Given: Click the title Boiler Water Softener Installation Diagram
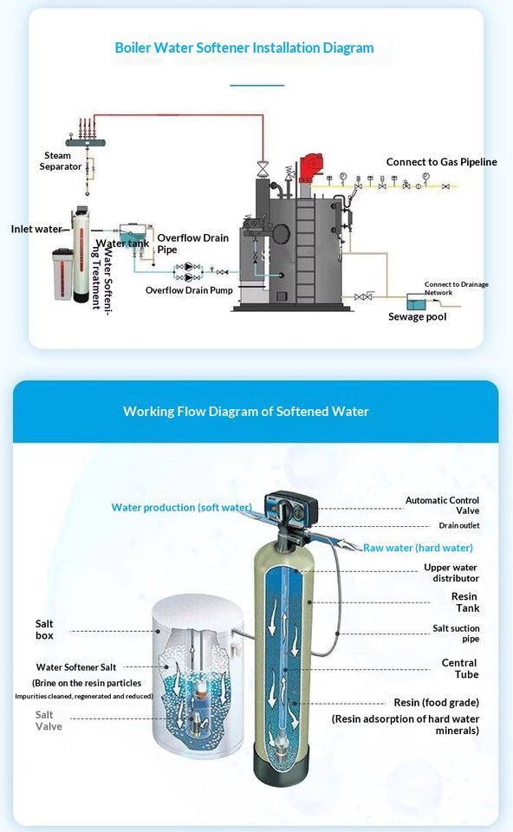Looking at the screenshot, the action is [244, 48].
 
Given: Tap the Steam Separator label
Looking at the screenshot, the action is [60, 161].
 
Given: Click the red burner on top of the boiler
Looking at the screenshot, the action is [310, 167].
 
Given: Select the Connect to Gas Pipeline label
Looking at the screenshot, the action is [441, 162].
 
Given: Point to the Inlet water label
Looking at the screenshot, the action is [36, 229].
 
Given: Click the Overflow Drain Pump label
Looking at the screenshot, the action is [189, 290].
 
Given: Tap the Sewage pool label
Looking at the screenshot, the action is [417, 317].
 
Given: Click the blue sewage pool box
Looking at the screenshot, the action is [416, 302].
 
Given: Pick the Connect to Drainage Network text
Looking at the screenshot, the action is [456, 288].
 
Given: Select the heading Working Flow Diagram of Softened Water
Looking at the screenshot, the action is [245, 411].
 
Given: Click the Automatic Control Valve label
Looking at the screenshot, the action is [442, 505].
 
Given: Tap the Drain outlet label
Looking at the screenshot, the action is [459, 525].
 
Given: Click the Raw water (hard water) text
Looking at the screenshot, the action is [418, 548].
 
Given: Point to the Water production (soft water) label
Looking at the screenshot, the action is [181, 507].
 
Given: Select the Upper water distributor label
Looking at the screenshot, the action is [451, 573].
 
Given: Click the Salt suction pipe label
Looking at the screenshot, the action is [456, 633].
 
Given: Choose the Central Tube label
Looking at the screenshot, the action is [460, 668].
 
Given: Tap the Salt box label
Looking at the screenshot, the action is [44, 629].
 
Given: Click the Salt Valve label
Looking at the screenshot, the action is [49, 720].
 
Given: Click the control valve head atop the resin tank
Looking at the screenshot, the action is [291, 509].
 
